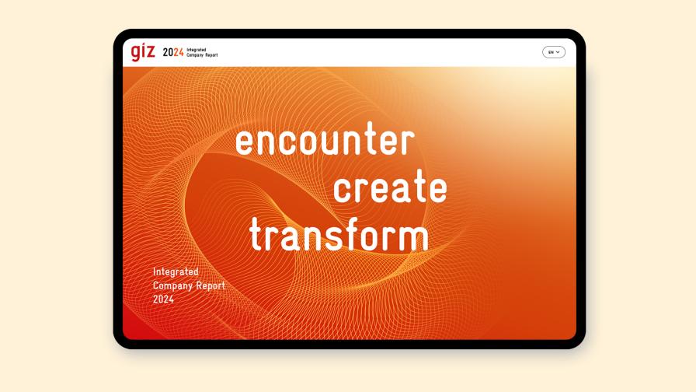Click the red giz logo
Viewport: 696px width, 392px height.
[x=143, y=52]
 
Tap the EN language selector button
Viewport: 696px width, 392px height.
[x=553, y=52]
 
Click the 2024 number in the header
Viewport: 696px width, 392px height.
[x=173, y=53]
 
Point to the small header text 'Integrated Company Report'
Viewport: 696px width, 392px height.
[x=202, y=53]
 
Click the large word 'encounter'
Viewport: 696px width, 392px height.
[x=325, y=142]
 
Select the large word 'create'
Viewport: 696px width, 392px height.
[x=390, y=188]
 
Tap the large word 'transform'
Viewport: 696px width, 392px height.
[x=339, y=235]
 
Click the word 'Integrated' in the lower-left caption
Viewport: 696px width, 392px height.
[x=176, y=272]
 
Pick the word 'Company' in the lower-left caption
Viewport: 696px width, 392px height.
[x=172, y=285]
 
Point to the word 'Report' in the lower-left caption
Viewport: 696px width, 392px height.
[x=210, y=285]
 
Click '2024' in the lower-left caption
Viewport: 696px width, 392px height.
[x=163, y=299]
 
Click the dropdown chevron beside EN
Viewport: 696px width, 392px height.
[x=558, y=52]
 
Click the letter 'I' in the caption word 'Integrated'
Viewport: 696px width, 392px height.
[x=155, y=272]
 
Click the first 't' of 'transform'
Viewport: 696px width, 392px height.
[x=256, y=235]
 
